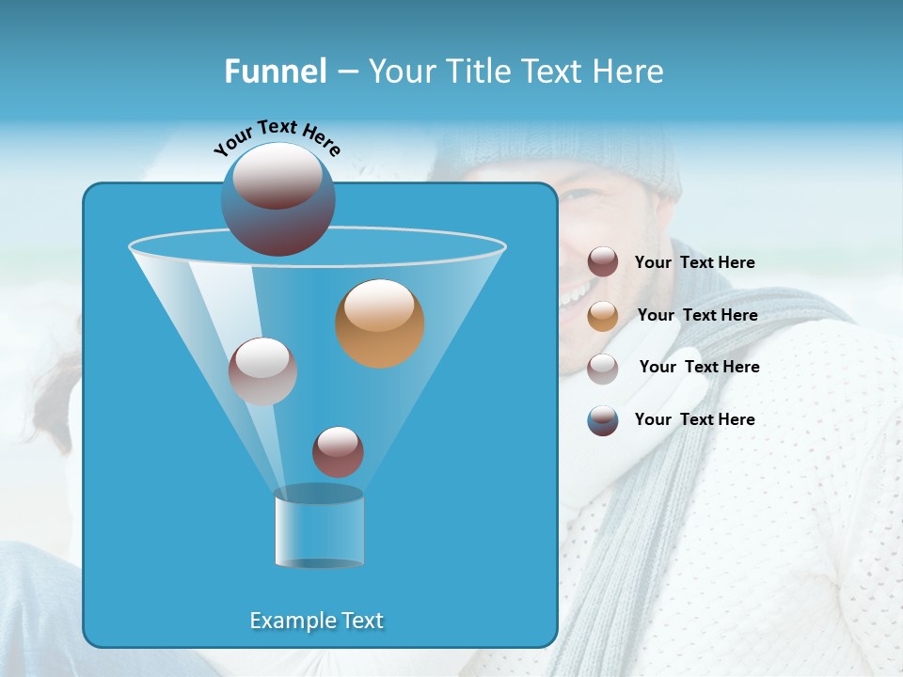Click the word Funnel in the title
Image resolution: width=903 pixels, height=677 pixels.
(275, 71)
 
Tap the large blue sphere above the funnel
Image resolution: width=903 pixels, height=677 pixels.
(278, 199)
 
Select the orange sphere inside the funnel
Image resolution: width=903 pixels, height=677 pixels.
(380, 323)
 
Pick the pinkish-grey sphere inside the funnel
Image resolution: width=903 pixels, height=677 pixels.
(262, 371)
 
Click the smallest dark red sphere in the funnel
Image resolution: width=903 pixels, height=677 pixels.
(338, 451)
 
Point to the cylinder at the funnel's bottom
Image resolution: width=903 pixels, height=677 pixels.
(319, 528)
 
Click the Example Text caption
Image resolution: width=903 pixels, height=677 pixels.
(317, 621)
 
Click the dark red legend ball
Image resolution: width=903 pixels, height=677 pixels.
(603, 262)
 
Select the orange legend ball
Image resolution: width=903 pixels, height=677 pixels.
(603, 315)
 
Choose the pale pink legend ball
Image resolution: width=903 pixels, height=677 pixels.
(603, 368)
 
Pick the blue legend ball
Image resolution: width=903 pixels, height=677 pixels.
(603, 420)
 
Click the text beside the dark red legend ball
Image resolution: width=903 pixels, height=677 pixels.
(694, 262)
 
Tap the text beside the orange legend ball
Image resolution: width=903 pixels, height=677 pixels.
(697, 315)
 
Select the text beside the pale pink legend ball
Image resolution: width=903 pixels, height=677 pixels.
(699, 367)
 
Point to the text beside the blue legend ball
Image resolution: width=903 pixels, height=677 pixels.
(694, 419)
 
